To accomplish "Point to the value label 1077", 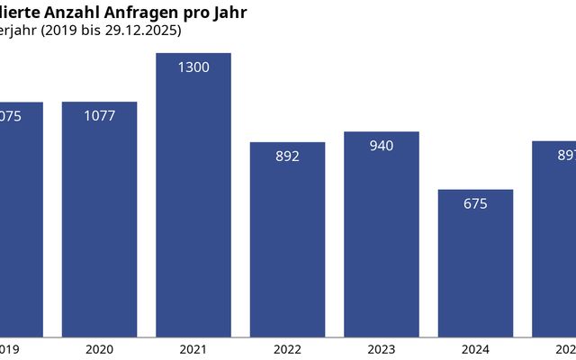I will pos(99,116).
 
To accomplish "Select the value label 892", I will pos(287,156).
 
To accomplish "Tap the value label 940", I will pos(382,146).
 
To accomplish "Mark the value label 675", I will pos(475,203).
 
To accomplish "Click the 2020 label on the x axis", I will pos(99,349).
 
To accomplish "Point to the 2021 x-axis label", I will pos(193,349).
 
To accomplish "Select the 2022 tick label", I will pos(287,349).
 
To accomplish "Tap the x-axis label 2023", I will pos(382,349).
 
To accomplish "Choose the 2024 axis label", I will pos(475,349).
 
